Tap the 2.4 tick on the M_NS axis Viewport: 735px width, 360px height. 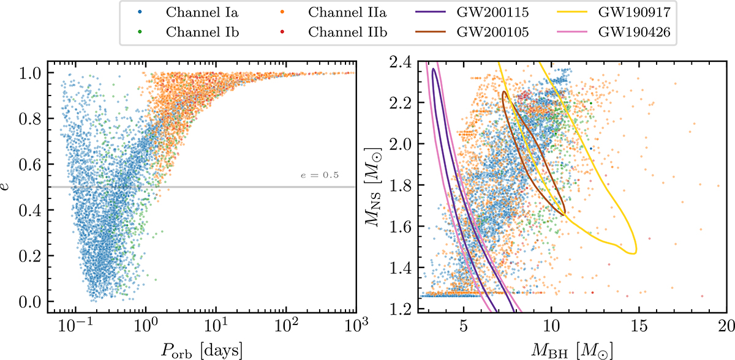click(401, 61)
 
